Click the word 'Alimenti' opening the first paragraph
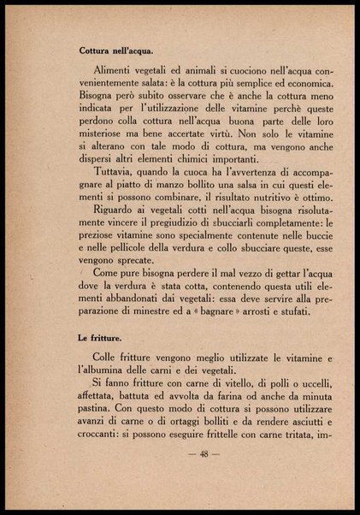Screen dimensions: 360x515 [111, 68]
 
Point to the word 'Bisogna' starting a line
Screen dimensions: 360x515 [97, 98]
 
